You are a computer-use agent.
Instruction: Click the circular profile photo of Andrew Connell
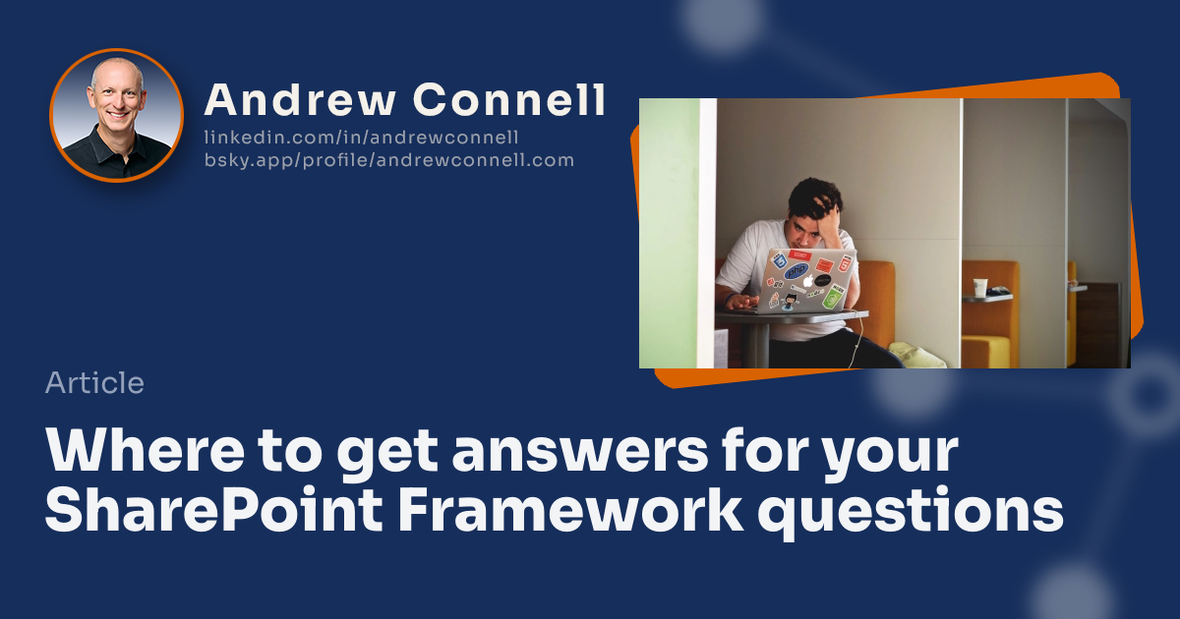pos(116,115)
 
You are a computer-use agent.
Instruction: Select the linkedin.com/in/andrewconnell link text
pos(361,138)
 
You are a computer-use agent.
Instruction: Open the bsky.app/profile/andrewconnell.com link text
pos(388,160)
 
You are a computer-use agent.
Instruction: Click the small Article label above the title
pos(94,383)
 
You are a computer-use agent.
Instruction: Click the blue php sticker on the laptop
pos(796,269)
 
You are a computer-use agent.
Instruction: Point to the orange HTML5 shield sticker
pos(845,261)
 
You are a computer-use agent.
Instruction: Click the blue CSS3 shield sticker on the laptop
pos(780,260)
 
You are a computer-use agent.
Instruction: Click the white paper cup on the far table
pos(979,287)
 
